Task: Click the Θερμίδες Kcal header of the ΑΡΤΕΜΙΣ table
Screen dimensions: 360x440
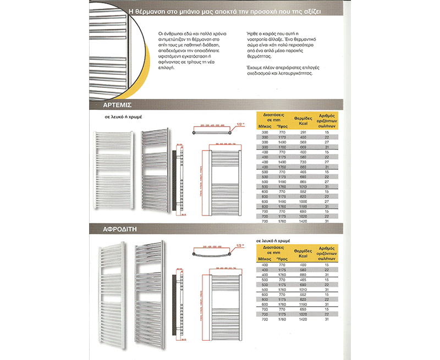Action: [x=304, y=120]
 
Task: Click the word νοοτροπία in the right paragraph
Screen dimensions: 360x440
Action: [x=259, y=41]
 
